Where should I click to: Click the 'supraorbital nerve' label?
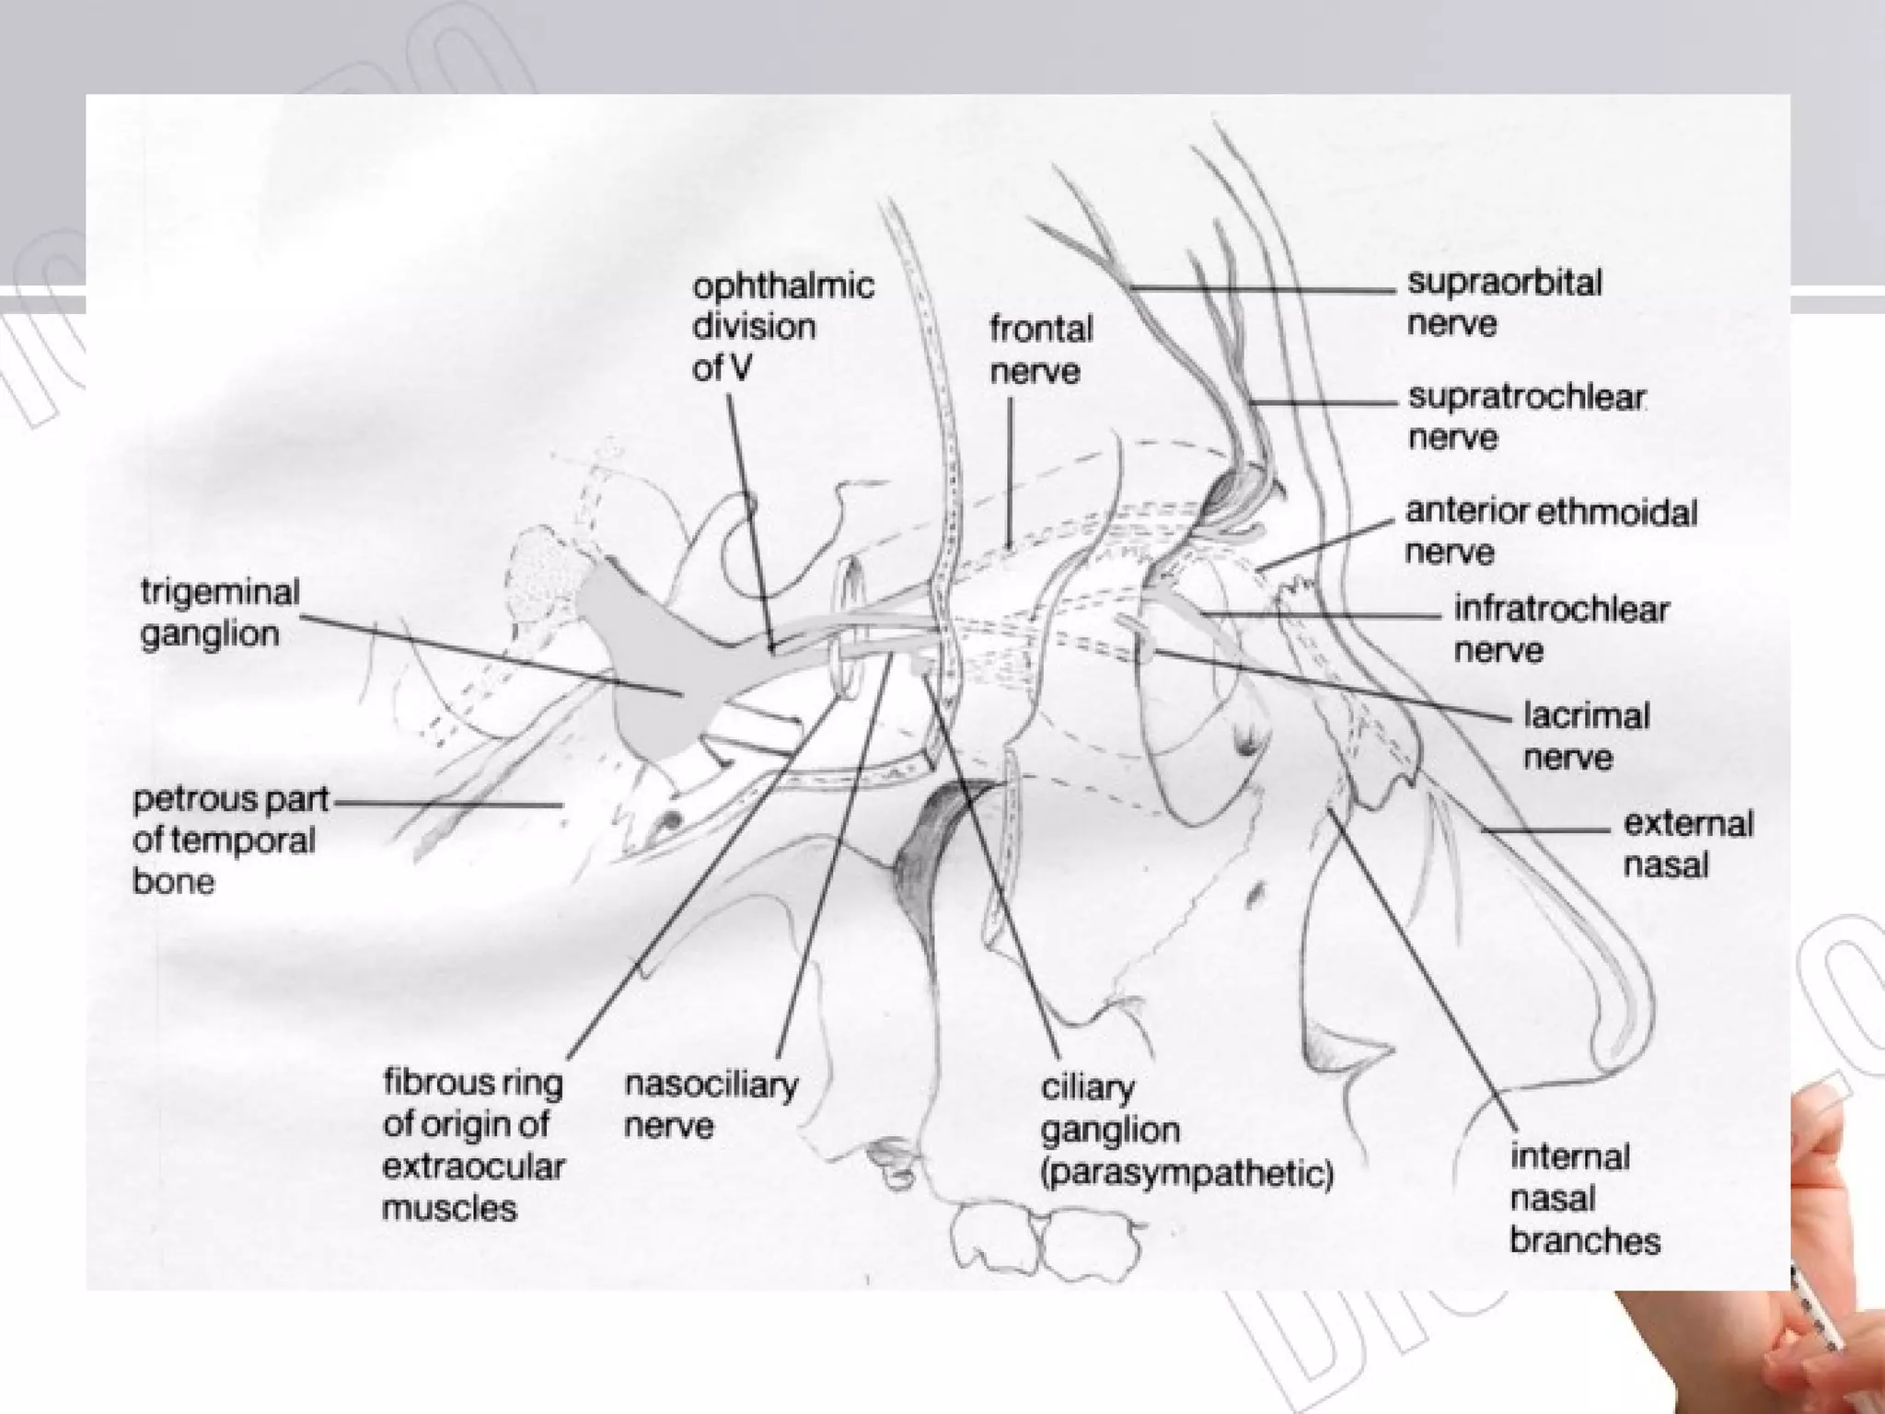pyautogui.click(x=1504, y=303)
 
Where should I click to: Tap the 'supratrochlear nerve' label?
pyautogui.click(x=1526, y=417)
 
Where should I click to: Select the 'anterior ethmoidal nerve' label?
pyautogui.click(x=1550, y=531)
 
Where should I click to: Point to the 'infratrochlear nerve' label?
pyautogui.click(x=1560, y=630)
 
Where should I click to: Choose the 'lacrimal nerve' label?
pyautogui.click(x=1586, y=736)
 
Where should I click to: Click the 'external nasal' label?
pyautogui.click(x=1687, y=844)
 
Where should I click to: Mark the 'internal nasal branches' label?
pyautogui.click(x=1584, y=1199)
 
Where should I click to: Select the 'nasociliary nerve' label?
pyautogui.click(x=711, y=1105)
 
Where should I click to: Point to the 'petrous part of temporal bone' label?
pyautogui.click(x=229, y=840)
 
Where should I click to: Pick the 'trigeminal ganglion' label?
pyautogui.click(x=220, y=613)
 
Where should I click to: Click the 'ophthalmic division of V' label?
pyautogui.click(x=782, y=327)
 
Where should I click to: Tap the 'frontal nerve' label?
pyautogui.click(x=1041, y=350)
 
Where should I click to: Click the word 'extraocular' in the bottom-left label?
pyautogui.click(x=472, y=1166)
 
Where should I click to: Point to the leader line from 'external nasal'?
pyautogui.click(x=1546, y=830)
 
